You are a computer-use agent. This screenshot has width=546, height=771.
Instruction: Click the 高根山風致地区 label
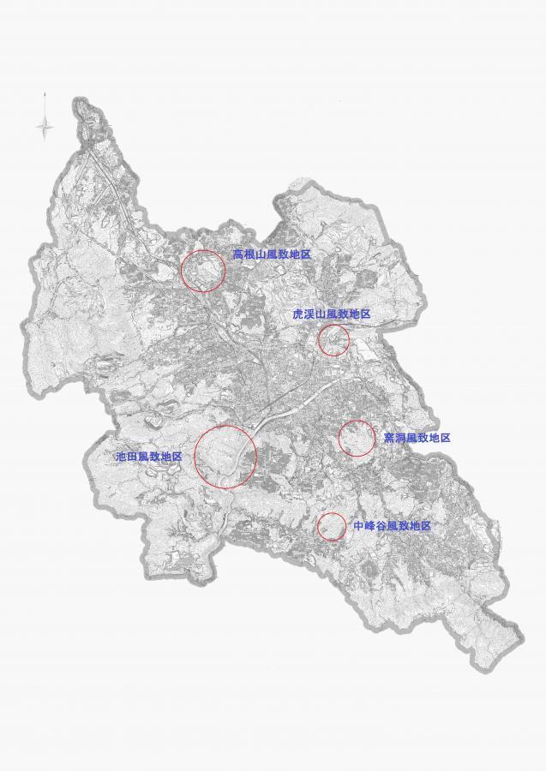(x=272, y=255)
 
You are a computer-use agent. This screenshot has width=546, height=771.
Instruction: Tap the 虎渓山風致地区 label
(x=332, y=315)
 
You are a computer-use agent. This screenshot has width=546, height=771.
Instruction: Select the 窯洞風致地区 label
(x=417, y=438)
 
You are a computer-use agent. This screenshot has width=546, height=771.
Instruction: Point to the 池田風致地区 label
(x=149, y=457)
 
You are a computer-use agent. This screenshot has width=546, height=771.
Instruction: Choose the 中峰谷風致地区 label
(x=392, y=526)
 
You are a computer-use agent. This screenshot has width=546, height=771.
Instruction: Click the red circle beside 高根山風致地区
(x=203, y=271)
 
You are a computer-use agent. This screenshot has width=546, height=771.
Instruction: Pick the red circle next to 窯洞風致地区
(x=357, y=439)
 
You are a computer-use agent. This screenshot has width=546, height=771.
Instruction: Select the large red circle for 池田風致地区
(x=225, y=456)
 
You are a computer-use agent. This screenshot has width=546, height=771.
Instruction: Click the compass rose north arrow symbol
(x=45, y=126)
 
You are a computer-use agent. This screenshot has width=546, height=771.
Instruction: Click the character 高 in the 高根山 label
(x=238, y=255)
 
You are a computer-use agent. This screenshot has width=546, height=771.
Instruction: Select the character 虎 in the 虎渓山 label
(x=298, y=315)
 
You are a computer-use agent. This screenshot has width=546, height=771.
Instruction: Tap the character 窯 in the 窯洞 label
(x=388, y=438)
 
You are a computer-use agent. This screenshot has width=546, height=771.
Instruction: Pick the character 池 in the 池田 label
(x=121, y=457)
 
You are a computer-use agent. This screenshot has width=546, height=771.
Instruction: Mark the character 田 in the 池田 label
(x=132, y=457)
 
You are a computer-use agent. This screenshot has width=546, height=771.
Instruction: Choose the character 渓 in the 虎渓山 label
(x=309, y=315)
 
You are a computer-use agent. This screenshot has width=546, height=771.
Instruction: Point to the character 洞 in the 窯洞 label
(x=399, y=438)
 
